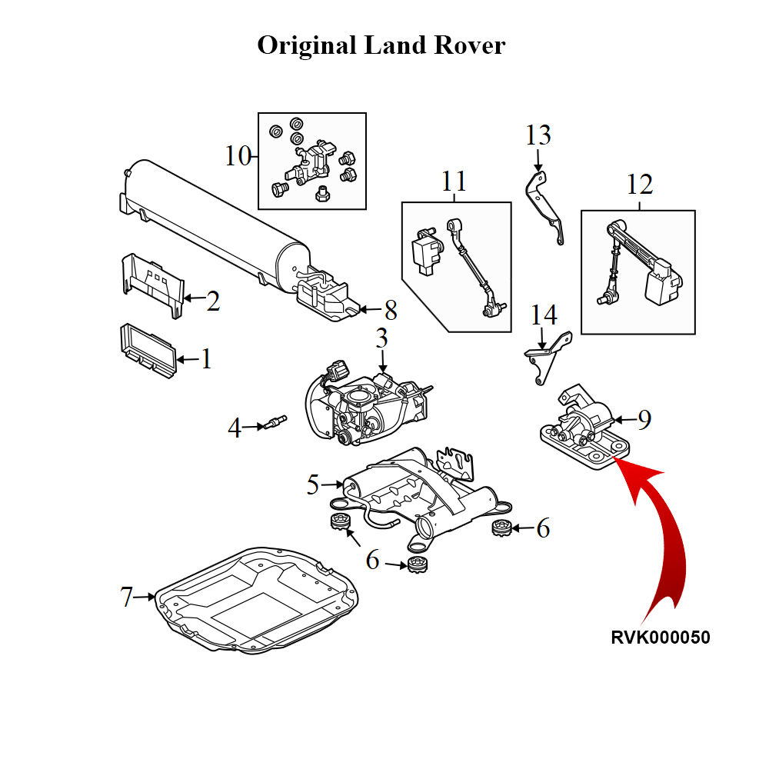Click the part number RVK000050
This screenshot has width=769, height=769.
click(661, 638)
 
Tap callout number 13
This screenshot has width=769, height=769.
click(538, 135)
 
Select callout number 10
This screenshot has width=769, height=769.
click(238, 156)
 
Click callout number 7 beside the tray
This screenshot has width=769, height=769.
click(127, 597)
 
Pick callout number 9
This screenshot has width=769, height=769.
click(644, 419)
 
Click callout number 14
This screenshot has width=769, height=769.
click(544, 315)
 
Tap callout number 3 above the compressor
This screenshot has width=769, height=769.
click(382, 338)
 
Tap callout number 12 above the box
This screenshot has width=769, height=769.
click(640, 185)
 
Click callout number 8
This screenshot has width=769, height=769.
click(391, 311)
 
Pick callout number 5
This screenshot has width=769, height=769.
click(312, 484)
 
